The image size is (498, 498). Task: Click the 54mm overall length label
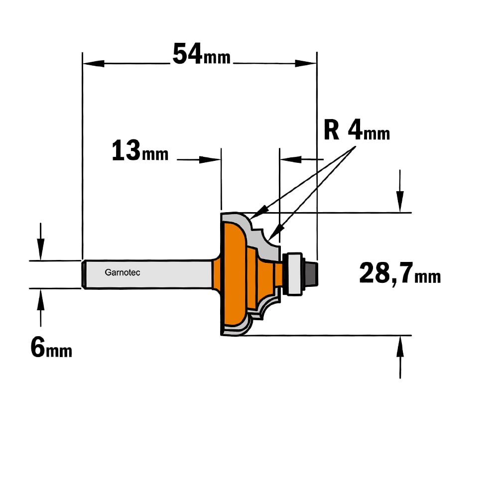point(201,54)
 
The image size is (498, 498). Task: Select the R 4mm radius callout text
point(357,130)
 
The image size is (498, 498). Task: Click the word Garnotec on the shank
point(123,272)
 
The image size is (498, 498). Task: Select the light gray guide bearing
point(294,274)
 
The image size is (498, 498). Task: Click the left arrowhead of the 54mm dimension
point(94,64)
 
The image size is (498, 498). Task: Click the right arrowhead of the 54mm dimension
point(306,64)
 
